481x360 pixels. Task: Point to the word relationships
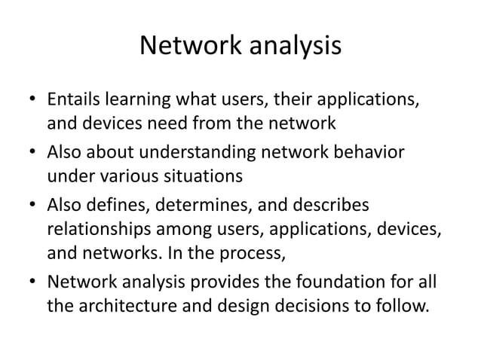click(97, 229)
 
